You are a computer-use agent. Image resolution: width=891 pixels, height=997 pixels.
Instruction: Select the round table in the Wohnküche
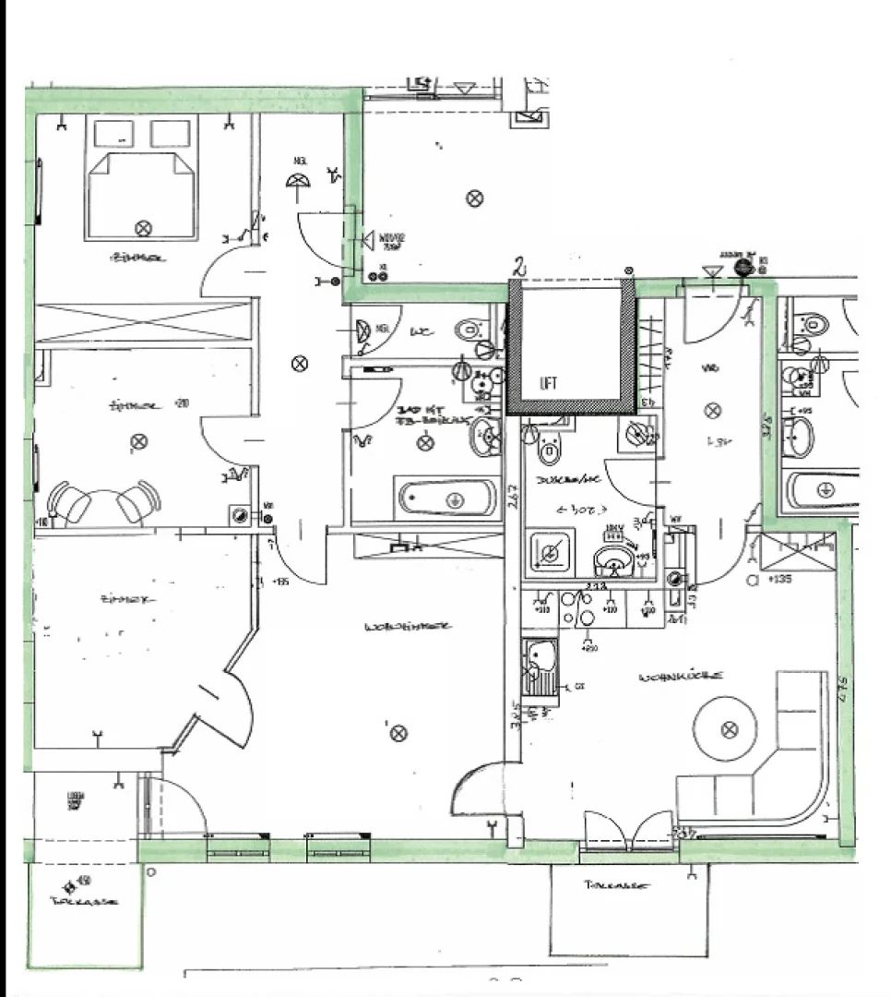tap(729, 729)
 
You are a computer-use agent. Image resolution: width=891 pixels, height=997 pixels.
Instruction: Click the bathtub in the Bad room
tap(447, 498)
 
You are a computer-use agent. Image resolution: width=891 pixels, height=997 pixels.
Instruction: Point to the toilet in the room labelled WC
tap(472, 328)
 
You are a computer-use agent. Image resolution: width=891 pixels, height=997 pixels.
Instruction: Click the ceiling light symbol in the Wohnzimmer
tap(398, 733)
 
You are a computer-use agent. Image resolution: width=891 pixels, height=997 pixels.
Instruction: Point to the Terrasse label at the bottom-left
tap(85, 904)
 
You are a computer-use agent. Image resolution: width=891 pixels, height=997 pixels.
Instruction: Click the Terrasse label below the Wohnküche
tap(616, 885)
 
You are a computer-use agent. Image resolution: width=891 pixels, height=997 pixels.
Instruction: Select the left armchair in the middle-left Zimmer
tap(70, 503)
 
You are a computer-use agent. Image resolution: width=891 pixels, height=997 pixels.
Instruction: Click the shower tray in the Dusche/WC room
tap(549, 553)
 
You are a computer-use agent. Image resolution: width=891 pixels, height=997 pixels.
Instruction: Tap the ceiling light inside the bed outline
tap(143, 227)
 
